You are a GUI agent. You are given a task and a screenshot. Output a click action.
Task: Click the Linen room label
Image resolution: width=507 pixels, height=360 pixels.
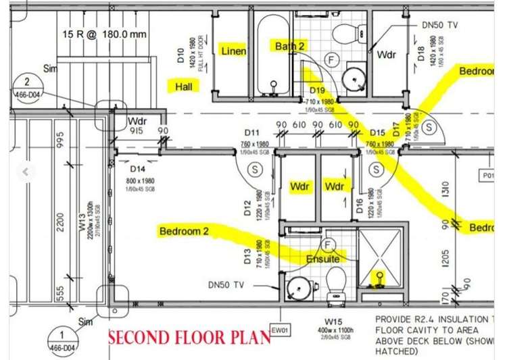[233, 51]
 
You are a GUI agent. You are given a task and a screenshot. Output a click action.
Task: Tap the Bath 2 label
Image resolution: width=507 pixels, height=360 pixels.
[289, 46]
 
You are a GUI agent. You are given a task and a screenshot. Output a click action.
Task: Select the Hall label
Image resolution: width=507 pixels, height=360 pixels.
[184, 86]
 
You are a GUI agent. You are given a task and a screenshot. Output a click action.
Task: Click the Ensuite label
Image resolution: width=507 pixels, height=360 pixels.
[323, 259]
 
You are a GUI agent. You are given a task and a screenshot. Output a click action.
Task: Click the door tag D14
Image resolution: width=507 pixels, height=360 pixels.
[138, 169]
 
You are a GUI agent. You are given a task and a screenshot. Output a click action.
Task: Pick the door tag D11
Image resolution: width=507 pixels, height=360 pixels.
[252, 132]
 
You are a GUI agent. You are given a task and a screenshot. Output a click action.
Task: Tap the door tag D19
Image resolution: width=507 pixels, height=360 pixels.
[318, 90]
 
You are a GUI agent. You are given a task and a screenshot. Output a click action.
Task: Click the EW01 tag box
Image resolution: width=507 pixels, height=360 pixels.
[279, 330]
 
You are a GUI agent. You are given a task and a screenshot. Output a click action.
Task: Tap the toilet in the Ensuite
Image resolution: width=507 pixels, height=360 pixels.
[336, 282]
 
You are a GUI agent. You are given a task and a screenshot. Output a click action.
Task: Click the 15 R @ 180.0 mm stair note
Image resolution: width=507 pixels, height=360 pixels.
[104, 34]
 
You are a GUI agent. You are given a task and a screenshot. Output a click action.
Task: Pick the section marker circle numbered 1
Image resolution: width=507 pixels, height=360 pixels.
[62, 336]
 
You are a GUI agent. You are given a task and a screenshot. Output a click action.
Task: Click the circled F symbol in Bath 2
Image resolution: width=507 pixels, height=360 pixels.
[331, 59]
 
